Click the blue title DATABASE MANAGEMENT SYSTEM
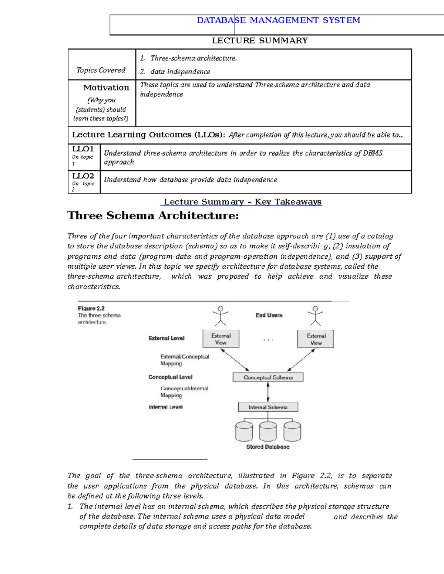click(278, 20)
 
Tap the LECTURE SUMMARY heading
click(260, 41)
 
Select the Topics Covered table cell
click(101, 70)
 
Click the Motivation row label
click(106, 88)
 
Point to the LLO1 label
click(83, 149)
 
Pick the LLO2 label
click(83, 176)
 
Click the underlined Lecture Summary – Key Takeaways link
click(242, 202)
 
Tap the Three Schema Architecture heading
click(153, 215)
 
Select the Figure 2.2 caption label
click(91, 308)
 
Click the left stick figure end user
click(221, 316)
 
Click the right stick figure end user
click(315, 316)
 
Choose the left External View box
click(221, 339)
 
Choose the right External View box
click(316, 339)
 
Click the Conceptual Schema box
click(268, 377)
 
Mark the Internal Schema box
click(268, 407)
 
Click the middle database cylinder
click(268, 431)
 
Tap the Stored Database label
click(268, 447)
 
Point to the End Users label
click(269, 315)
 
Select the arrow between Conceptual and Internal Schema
click(268, 392)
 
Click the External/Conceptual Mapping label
click(184, 360)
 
